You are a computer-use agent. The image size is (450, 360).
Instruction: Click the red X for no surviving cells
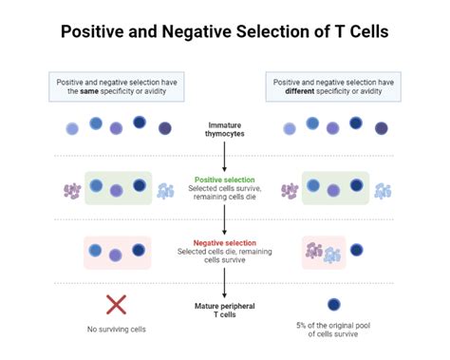tap(116, 305)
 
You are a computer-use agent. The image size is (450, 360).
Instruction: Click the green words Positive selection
tap(224, 179)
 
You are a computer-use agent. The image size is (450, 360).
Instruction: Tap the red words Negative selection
tap(224, 241)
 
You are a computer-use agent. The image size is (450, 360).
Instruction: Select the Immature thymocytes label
tap(224, 129)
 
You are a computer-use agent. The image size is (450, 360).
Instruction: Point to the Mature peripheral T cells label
tap(224, 311)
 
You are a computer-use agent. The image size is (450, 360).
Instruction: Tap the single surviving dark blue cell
tap(333, 305)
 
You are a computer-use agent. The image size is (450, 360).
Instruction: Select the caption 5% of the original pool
tap(333, 327)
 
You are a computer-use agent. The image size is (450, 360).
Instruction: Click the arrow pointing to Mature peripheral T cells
tap(224, 282)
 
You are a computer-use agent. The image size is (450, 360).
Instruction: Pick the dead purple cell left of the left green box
tap(72, 191)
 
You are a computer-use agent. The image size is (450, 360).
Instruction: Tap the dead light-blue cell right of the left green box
tap(166, 191)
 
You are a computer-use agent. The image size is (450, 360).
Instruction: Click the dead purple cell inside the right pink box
tap(314, 250)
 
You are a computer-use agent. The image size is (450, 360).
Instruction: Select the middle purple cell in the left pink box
tap(116, 255)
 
